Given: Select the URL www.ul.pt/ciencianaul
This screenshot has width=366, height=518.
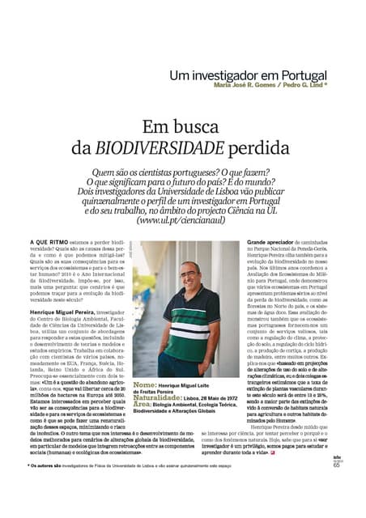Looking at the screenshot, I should tap(182, 219).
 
